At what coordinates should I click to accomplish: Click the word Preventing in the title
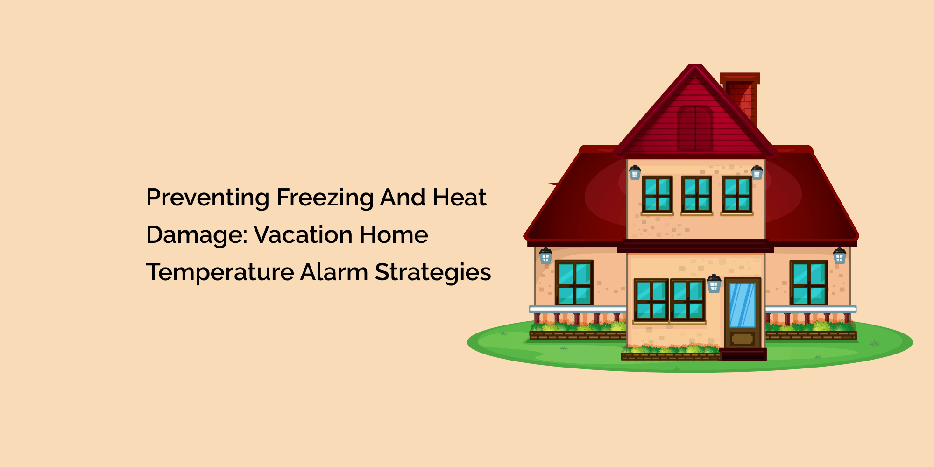point(208,198)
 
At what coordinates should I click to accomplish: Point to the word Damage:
point(197,234)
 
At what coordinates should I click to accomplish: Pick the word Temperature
point(219,272)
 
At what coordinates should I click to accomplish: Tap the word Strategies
point(433,272)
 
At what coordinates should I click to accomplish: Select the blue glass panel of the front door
point(742,305)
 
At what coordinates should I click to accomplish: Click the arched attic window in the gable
point(695,127)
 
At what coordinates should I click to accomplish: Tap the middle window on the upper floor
point(696,194)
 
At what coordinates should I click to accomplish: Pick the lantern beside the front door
point(714,283)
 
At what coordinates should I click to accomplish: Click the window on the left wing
point(574,283)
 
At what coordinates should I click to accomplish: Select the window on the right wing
point(809,283)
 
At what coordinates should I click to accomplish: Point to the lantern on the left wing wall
point(545,256)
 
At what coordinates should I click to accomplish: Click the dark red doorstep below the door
point(743,354)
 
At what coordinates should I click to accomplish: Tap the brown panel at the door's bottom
point(743,339)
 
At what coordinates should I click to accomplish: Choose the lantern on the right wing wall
point(840,256)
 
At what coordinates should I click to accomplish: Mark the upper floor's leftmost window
point(657,194)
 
